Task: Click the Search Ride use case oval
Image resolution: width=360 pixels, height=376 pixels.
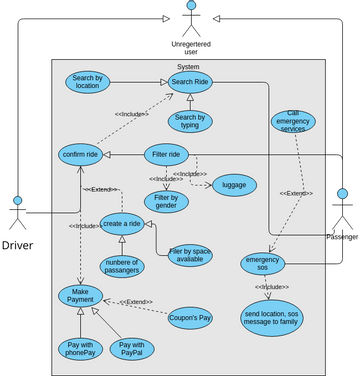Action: (x=188, y=81)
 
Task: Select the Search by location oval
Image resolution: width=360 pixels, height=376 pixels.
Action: (x=87, y=82)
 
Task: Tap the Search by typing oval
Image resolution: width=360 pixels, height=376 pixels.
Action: (x=188, y=122)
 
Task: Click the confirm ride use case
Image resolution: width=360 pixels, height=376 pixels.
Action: (x=79, y=156)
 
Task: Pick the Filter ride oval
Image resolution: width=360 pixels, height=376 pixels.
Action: (x=166, y=155)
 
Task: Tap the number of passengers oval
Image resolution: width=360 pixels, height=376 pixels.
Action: (x=121, y=265)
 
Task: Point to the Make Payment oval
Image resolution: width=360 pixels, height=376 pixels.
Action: (x=80, y=296)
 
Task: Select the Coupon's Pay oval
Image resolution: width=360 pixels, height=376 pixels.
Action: (x=189, y=317)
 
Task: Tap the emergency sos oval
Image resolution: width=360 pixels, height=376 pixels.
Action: (x=263, y=263)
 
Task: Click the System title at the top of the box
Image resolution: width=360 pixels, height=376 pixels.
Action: (x=187, y=67)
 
